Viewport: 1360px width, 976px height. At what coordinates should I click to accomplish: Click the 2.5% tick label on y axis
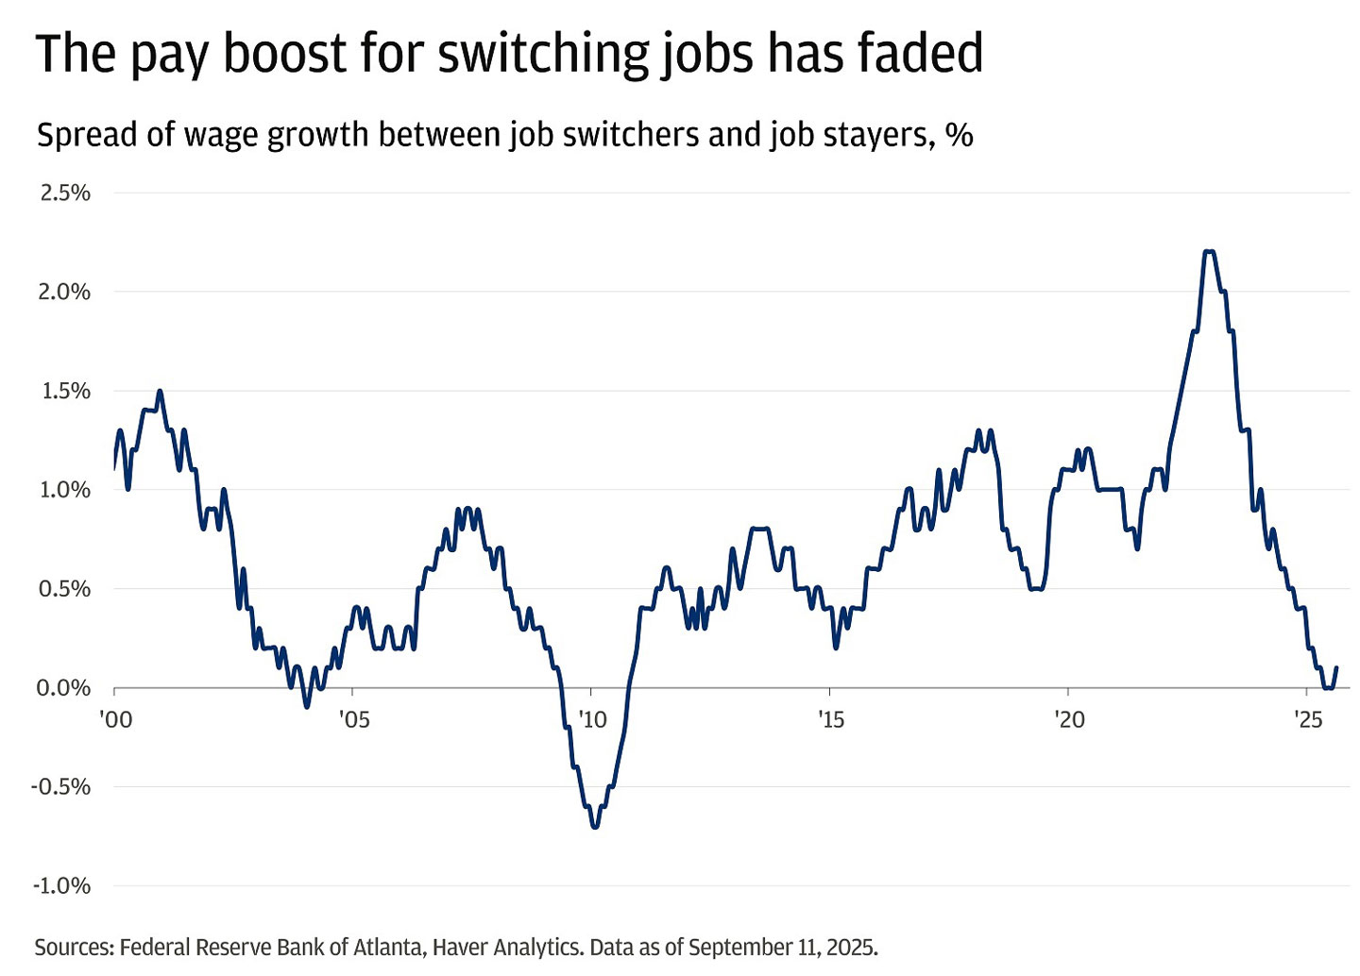point(65,193)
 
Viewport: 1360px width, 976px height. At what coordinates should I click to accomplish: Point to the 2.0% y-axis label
point(65,292)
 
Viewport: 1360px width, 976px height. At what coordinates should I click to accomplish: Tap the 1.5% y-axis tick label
point(65,391)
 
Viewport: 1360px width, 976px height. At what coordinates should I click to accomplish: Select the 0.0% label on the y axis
point(63,688)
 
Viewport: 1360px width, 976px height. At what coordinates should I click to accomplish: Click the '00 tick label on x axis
point(116,720)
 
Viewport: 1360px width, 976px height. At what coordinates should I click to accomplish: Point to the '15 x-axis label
point(830,720)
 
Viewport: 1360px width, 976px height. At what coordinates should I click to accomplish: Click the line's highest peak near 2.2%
point(1209,251)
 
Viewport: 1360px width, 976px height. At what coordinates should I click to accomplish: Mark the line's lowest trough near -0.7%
point(595,827)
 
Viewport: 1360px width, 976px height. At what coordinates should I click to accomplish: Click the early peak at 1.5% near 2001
point(160,391)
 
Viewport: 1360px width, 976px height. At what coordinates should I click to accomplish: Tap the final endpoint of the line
point(1336,668)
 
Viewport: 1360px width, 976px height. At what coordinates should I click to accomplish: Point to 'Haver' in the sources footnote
point(461,947)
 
